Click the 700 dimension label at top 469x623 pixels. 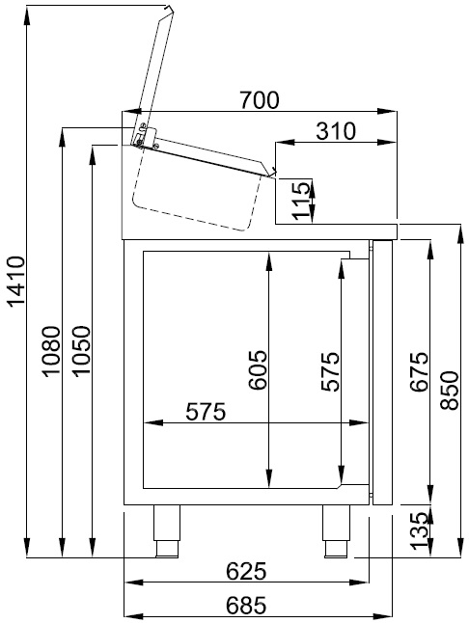coord(261,99)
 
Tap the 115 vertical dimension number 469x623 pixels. coord(303,200)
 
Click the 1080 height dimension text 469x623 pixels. coord(53,353)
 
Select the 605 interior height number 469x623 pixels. coord(255,369)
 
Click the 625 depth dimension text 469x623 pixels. coord(246,571)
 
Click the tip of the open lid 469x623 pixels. coord(170,10)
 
